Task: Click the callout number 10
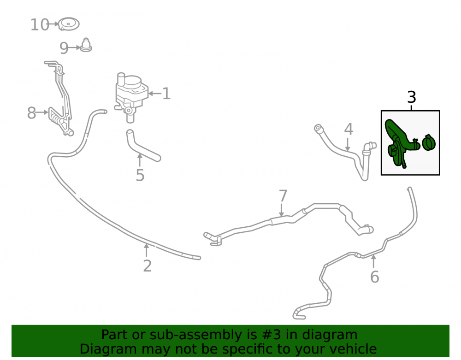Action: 40,25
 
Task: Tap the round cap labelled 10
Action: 69,24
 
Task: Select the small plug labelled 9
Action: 86,45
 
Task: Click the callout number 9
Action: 64,48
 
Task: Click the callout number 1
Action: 166,94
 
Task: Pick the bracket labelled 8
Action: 60,99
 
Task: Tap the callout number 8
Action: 31,113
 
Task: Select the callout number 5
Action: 140,175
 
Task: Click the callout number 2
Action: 148,266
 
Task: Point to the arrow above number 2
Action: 146,250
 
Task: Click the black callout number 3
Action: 412,97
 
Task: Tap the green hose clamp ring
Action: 429,142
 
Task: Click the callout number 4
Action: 349,130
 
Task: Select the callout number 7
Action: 283,196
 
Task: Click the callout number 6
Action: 374,277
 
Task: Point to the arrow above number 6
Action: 373,261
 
